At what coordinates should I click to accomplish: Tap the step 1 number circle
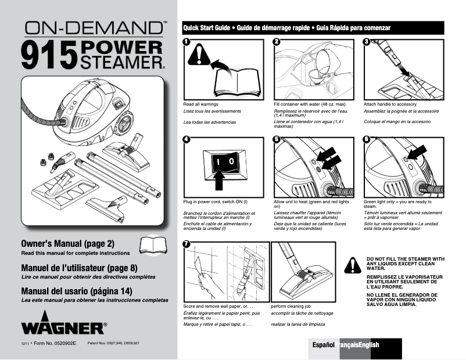pyautogui.click(x=186, y=42)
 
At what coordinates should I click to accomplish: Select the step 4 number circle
pyautogui.click(x=186, y=140)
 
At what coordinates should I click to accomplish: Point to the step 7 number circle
pyautogui.click(x=186, y=244)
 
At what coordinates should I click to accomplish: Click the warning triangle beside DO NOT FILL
pyautogui.click(x=352, y=265)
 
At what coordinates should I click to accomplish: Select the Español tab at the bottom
pyautogui.click(x=324, y=345)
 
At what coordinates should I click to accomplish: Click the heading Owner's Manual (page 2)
pyautogui.click(x=68, y=243)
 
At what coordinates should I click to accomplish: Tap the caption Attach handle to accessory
pyautogui.click(x=390, y=104)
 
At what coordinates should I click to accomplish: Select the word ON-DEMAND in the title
pyautogui.click(x=93, y=27)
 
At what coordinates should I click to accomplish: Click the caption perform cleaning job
pyautogui.click(x=292, y=306)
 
